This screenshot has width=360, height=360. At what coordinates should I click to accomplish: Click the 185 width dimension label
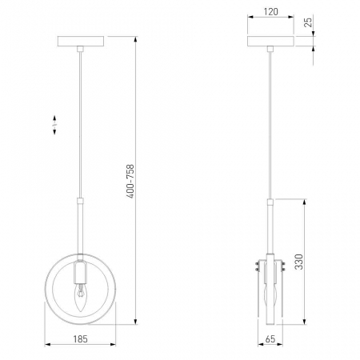coord(80,339)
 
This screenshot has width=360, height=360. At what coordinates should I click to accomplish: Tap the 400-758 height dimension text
coord(130,182)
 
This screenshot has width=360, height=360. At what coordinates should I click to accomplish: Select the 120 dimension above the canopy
coord(270,12)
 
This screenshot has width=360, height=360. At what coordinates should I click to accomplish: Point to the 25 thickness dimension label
coord(308,22)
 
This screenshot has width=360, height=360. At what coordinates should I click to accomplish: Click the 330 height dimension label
coord(299,262)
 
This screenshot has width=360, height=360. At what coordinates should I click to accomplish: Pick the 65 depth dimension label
coord(270,339)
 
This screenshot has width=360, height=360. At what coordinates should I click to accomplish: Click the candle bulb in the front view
coord(80,298)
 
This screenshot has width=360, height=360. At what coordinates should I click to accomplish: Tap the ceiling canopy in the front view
coord(81,41)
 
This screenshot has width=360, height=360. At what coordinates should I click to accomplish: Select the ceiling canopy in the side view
coord(270,41)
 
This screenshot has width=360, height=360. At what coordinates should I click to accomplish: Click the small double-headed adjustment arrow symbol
coord(54,125)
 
